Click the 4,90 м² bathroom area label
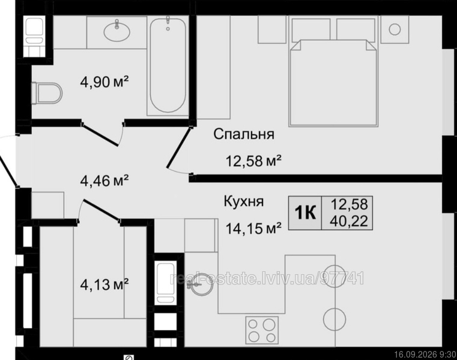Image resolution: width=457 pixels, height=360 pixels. (x=104, y=82)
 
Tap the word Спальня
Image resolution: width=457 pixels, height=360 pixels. (x=244, y=134)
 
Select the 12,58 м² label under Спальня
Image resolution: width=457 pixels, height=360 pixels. (x=253, y=160)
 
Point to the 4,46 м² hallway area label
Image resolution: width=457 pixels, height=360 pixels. (x=104, y=181)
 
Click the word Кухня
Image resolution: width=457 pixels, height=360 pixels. (x=244, y=201)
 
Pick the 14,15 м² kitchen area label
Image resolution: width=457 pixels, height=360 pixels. (x=253, y=229)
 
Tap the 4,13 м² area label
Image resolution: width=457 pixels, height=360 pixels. (x=104, y=284)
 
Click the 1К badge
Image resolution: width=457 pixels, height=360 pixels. (x=305, y=213)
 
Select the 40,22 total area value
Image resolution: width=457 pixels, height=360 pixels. (x=349, y=221)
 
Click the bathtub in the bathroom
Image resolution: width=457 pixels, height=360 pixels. (x=168, y=65)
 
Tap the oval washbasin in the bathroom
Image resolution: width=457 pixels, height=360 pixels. (x=117, y=31)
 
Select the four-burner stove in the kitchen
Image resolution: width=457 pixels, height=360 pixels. (x=262, y=330)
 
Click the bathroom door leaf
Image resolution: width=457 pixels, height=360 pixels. (x=100, y=134)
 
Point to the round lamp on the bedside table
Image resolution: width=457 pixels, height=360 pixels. (x=395, y=29)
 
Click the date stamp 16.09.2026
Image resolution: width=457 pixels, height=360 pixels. (x=416, y=355)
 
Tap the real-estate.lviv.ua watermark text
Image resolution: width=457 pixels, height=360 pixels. (x=267, y=278)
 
